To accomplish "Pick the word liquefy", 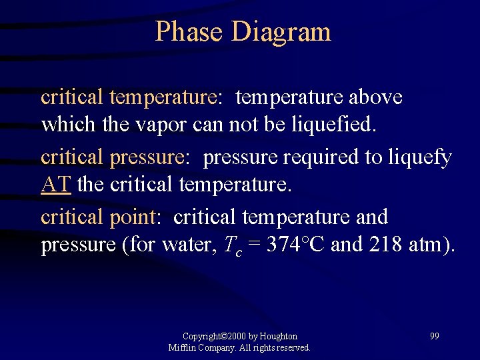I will tap(417, 157).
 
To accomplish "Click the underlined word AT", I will tap(56, 184).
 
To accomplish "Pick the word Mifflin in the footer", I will tap(182, 348).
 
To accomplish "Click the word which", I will tap(64, 125).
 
